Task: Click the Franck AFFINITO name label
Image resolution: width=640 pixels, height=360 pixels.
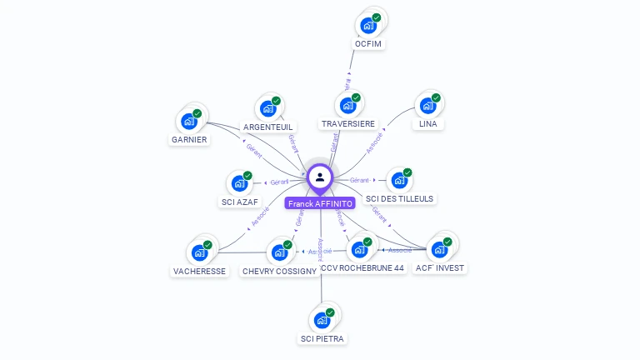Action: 320,203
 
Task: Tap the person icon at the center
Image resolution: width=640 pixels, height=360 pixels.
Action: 320,177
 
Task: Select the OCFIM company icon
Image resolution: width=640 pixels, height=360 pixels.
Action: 367,24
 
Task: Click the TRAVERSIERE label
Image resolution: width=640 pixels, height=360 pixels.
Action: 347,124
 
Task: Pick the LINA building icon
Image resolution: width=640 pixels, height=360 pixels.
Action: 427,105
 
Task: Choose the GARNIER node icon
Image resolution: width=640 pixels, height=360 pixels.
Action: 189,121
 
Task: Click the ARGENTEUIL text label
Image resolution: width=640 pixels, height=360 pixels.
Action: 269,127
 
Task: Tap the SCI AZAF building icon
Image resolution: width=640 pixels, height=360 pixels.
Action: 239,183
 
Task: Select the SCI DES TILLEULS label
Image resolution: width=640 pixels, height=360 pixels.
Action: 400,199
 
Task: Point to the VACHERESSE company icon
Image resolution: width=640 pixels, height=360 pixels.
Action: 199,252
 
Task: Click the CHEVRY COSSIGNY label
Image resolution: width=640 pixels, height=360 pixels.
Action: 279,271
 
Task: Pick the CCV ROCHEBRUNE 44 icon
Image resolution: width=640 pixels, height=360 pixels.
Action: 359,249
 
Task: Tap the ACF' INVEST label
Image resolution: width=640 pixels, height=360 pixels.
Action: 440,268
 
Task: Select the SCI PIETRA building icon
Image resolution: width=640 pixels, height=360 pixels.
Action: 322,319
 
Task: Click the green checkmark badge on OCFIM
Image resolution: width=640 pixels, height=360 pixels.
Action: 377,17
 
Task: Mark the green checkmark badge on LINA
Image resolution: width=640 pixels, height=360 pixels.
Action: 436,97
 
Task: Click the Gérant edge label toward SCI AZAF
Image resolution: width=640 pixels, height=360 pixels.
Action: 278,182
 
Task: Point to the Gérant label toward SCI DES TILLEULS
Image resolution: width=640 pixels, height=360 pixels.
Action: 360,180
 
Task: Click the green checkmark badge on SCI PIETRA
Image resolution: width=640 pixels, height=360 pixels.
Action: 330,312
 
